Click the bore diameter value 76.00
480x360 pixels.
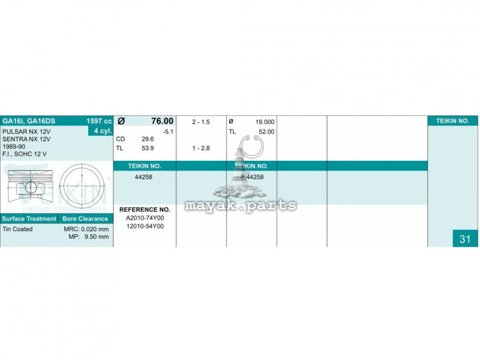pyautogui.click(x=162, y=121)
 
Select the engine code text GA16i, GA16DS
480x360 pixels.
pyautogui.click(x=29, y=121)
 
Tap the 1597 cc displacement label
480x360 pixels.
pyautogui.click(x=99, y=121)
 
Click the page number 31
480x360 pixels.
pyautogui.click(x=464, y=239)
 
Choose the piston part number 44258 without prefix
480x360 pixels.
pyautogui.click(x=143, y=177)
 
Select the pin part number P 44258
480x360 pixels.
pyautogui.click(x=252, y=177)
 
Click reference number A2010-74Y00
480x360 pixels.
pyautogui.click(x=145, y=218)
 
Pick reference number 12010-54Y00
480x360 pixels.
pyautogui.click(x=145, y=226)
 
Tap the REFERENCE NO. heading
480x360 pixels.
pyautogui.click(x=145, y=209)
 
